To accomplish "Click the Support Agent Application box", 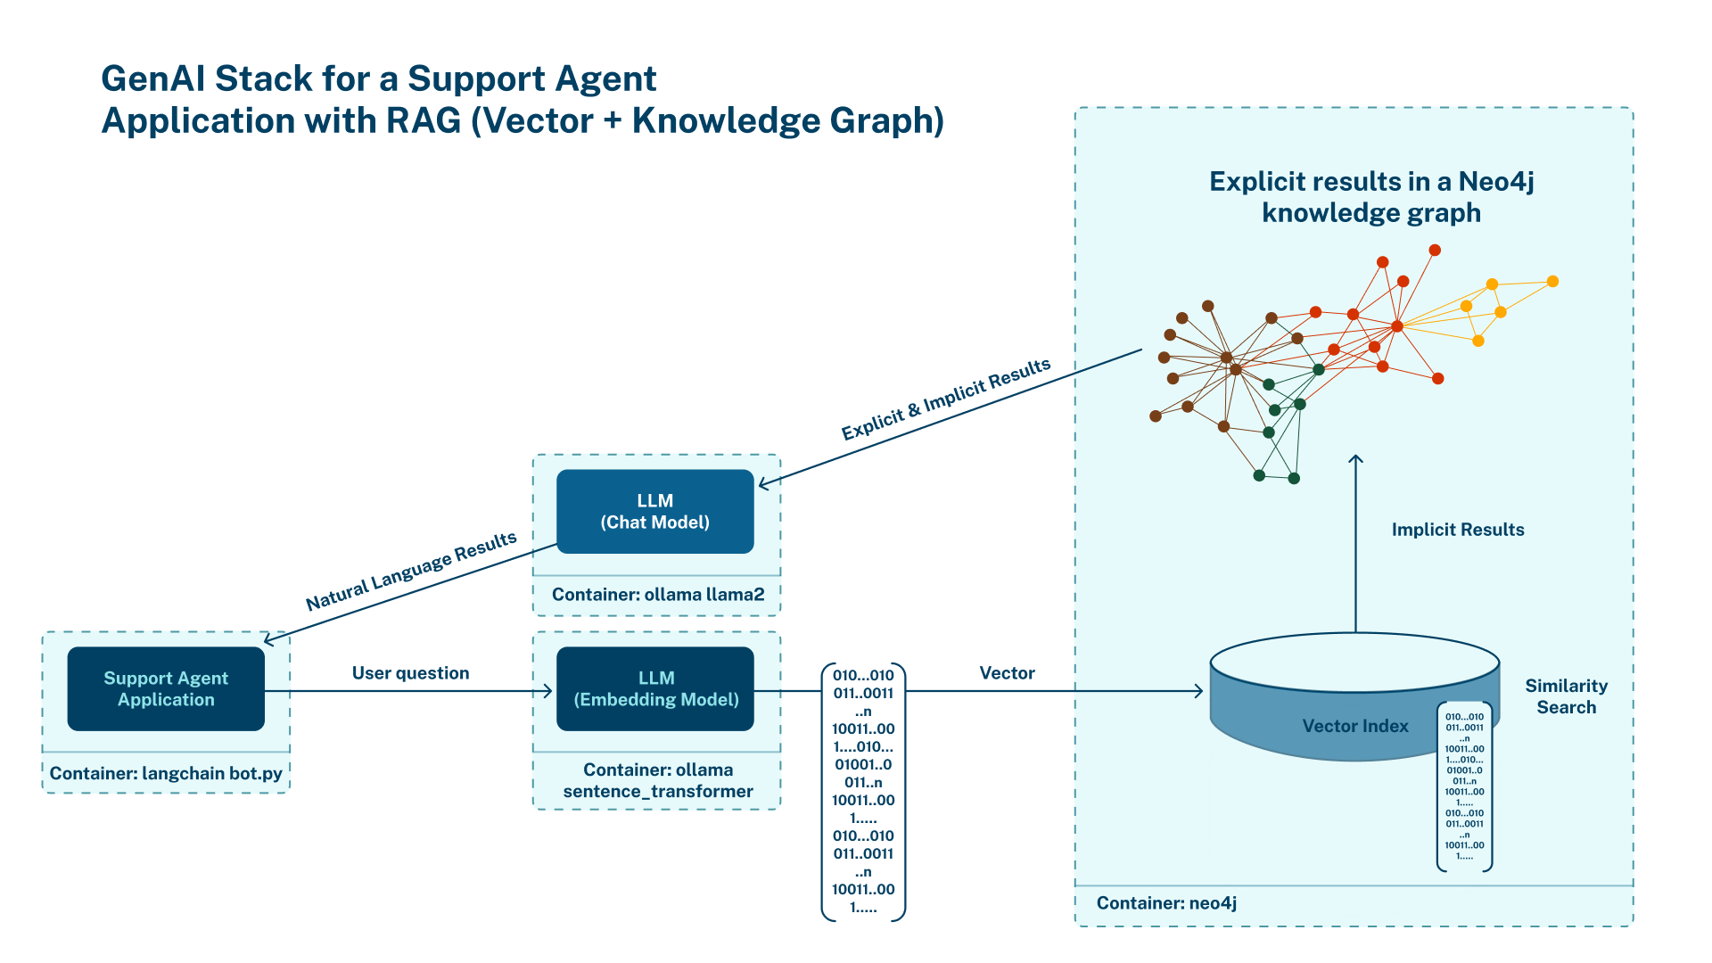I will [166, 688].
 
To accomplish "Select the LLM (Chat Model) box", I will [654, 512].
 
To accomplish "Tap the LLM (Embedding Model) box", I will [654, 688].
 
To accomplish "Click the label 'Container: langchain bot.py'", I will [166, 773].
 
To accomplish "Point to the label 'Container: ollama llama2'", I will [657, 595].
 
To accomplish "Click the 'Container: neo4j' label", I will [1166, 903].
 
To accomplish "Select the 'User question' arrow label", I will [410, 673].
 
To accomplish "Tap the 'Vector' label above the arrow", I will [1007, 673].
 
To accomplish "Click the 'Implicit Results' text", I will [1457, 530].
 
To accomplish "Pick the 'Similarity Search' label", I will [1566, 696].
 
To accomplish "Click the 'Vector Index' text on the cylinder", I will [1354, 726].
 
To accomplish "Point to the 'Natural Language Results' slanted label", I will [411, 572].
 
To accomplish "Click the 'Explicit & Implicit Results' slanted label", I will [946, 399].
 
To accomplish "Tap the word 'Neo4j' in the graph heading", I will [1495, 182].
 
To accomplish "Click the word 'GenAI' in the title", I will [152, 78].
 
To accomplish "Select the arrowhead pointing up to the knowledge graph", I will [1355, 459].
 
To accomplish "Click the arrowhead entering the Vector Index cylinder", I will [1198, 691].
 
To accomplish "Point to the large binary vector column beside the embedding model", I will [862, 791].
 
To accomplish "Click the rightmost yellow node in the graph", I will [1552, 282].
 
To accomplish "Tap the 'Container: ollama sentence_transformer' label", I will [657, 780].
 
